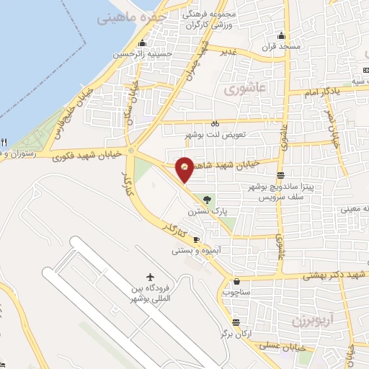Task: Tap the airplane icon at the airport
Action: [150, 277]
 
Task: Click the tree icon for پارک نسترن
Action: [208, 200]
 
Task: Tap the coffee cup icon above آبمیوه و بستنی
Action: [197, 239]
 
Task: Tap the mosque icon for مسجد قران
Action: [281, 36]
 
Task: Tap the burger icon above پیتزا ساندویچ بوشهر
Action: [280, 175]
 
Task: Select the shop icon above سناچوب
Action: [236, 280]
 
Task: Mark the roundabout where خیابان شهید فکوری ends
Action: [131, 151]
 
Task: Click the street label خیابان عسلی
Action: [302, 347]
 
